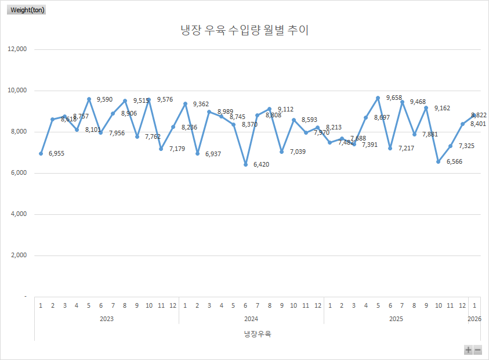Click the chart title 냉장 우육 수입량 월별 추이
[244, 31]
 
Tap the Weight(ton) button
[27, 10]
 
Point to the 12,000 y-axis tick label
[17, 49]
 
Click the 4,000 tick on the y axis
[19, 214]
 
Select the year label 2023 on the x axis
[106, 319]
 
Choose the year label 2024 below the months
[251, 319]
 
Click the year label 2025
[396, 319]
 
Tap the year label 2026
[474, 319]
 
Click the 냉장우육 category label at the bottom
[258, 334]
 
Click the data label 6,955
[56, 154]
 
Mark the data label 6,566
[454, 161]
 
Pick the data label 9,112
[285, 109]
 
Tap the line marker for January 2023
[41, 153]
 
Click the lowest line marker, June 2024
[245, 164]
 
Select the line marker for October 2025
[439, 161]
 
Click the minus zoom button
[477, 350]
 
